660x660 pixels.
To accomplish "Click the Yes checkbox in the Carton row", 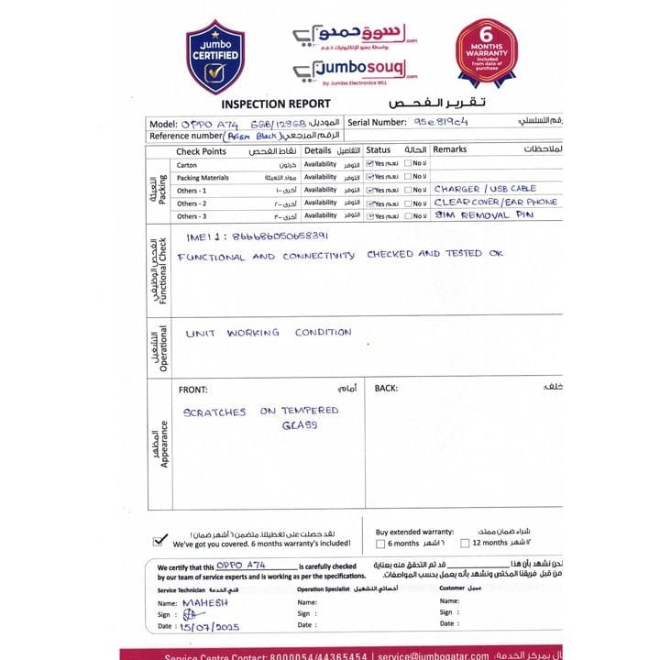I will [370, 164].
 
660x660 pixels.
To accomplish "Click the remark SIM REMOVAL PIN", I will [483, 214].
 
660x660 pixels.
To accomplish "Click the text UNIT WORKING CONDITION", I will [269, 333].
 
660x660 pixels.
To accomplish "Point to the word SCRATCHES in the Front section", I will [214, 412].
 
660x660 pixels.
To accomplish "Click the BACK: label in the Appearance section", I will [386, 389].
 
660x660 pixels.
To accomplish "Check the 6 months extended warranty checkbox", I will [380, 544].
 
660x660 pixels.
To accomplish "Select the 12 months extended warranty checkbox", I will [465, 544].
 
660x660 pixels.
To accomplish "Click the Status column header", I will [378, 149].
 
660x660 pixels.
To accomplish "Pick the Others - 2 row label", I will [192, 203].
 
